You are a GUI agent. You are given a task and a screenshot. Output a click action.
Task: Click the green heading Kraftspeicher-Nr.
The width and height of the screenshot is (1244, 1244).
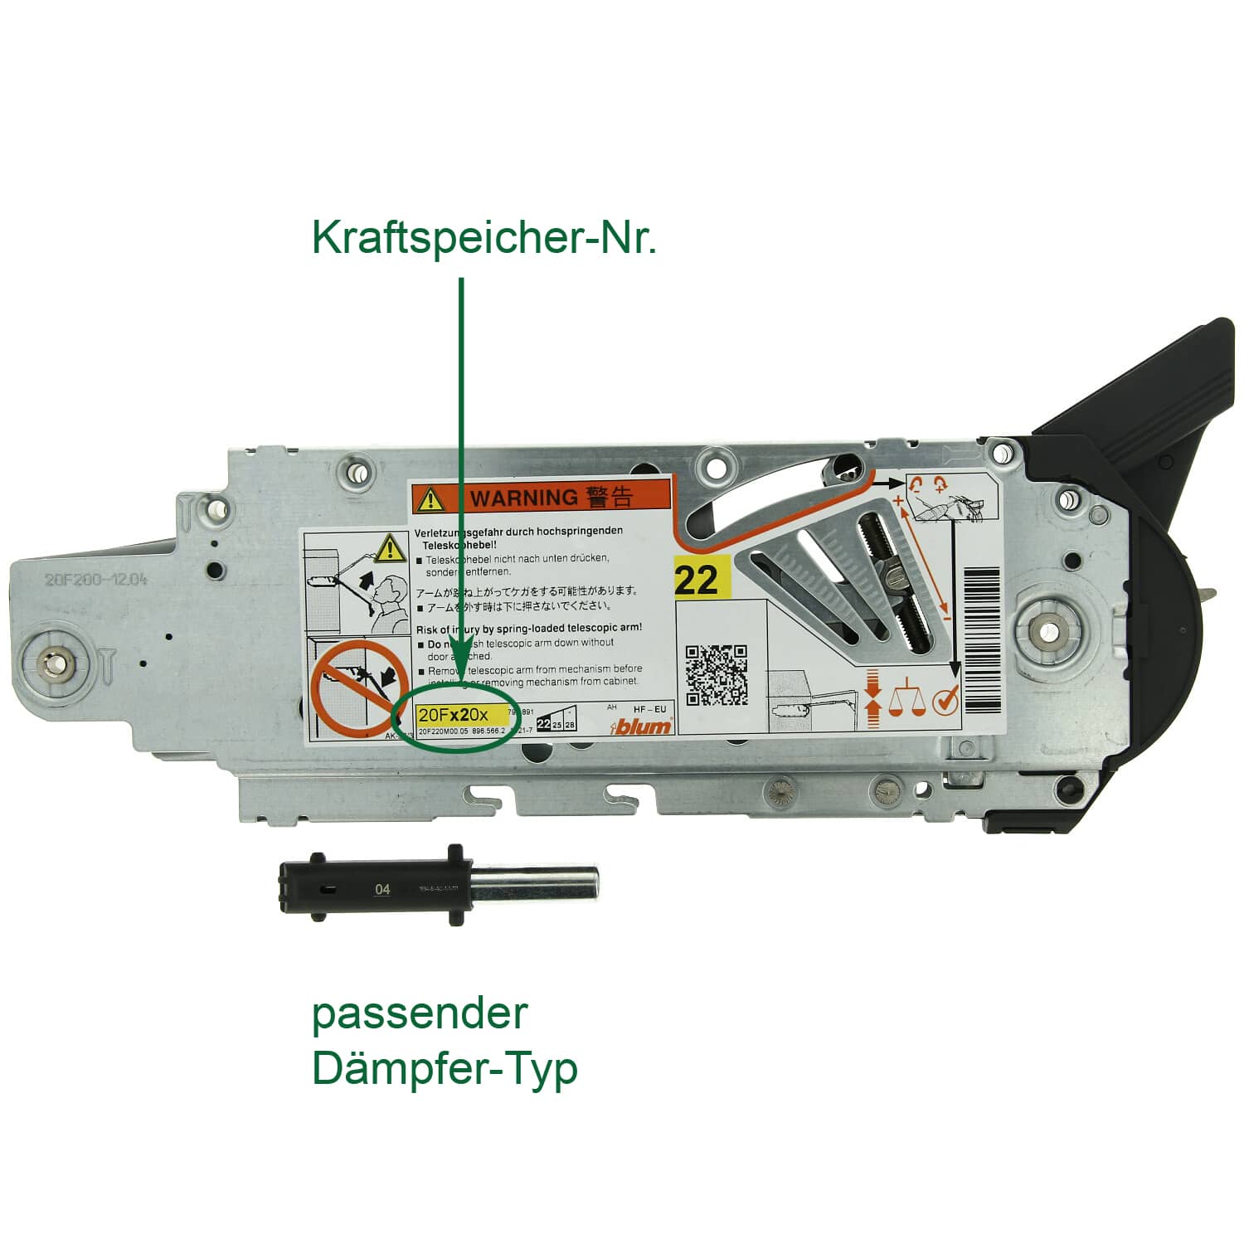[484, 238]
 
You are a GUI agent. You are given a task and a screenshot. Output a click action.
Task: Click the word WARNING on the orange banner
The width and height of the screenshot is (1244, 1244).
[524, 498]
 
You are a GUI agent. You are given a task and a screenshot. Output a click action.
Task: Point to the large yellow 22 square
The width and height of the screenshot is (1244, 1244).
[697, 579]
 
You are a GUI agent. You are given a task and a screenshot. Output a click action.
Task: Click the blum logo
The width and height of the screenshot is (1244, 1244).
[642, 726]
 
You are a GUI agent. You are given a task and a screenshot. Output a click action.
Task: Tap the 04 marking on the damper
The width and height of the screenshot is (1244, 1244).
[381, 889]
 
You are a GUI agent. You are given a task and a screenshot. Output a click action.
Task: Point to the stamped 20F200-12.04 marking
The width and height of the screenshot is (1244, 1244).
[95, 579]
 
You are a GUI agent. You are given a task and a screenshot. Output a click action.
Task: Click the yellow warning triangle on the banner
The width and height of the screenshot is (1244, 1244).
[430, 499]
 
